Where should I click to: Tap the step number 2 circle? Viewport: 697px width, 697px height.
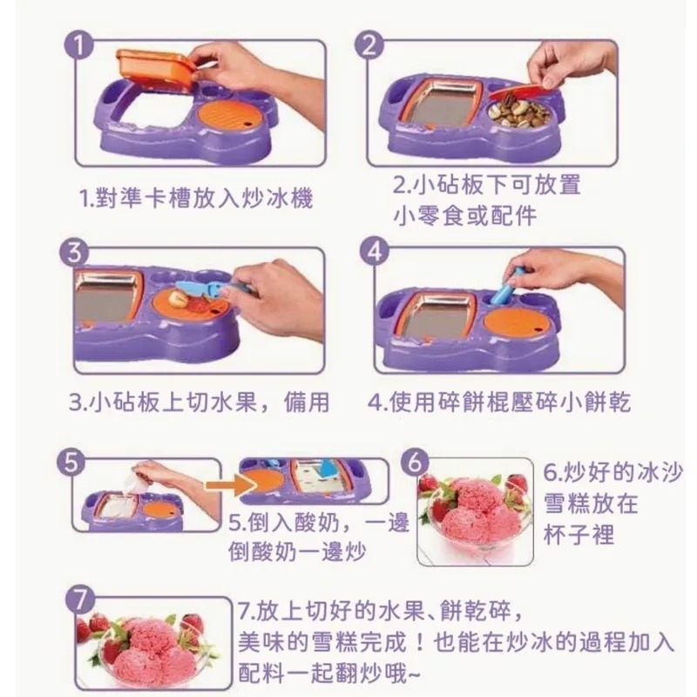tap(369, 45)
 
